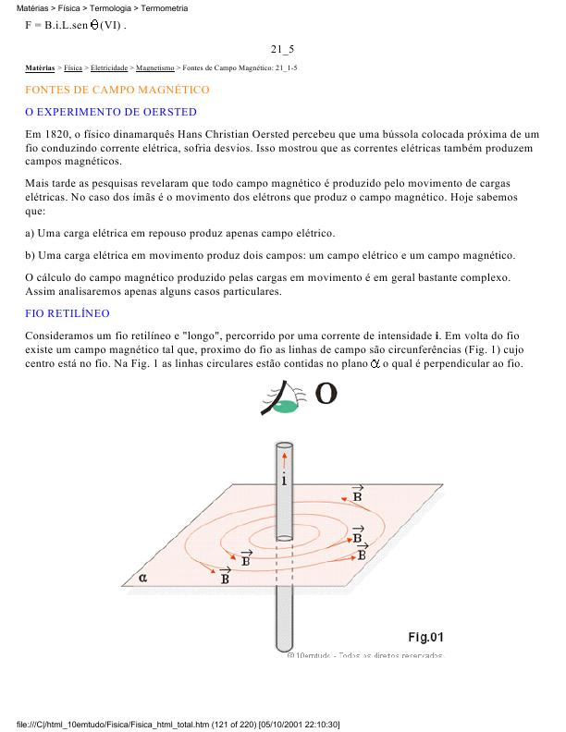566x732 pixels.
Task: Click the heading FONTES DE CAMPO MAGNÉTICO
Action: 117,90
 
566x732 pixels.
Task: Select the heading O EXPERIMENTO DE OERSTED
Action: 110,112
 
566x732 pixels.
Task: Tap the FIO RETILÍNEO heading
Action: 68,314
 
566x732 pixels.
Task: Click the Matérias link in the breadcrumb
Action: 40,68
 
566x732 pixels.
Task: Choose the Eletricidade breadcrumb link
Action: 109,68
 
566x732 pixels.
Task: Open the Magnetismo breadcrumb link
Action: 154,68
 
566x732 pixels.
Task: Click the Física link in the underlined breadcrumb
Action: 73,68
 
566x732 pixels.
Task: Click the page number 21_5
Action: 282,48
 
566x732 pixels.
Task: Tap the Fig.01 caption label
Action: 426,637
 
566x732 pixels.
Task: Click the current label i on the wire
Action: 283,480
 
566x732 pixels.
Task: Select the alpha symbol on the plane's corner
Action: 142,579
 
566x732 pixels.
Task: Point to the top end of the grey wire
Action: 283,446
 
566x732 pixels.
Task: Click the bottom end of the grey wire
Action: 283,646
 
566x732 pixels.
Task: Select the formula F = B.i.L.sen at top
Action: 74,24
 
